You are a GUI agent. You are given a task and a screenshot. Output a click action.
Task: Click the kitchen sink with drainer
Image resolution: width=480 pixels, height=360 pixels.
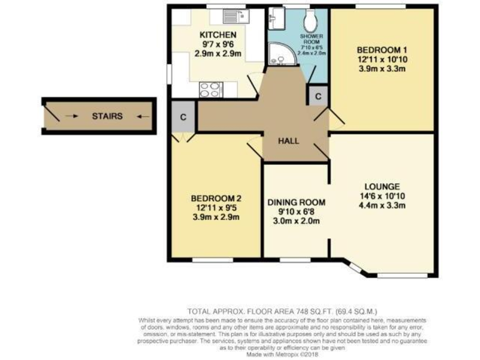[236, 16]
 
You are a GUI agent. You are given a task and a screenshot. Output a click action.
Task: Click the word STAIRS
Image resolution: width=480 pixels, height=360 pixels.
[107, 116]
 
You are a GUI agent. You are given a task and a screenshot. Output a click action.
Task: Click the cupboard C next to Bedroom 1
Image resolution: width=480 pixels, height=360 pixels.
[317, 97]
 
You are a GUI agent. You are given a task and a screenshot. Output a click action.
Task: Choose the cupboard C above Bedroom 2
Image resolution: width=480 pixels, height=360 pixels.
[183, 117]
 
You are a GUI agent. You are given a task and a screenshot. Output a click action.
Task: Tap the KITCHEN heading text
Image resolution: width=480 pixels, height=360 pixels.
[217, 35]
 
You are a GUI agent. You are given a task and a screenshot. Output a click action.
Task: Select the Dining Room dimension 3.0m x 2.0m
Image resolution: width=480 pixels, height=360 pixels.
[296, 222]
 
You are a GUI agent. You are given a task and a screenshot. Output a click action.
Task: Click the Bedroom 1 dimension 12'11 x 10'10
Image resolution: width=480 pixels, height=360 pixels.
[381, 59]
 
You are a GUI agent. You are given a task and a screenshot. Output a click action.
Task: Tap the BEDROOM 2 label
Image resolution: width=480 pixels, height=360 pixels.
[216, 198]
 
